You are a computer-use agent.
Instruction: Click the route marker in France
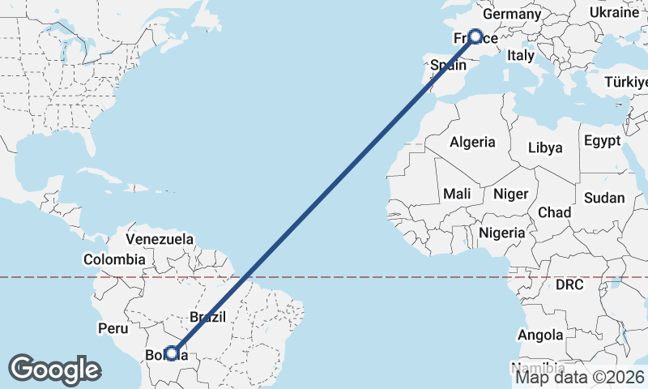(x=475, y=36)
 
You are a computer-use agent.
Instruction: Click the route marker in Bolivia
(x=171, y=353)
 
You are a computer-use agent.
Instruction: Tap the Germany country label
(x=511, y=15)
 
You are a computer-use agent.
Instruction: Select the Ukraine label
(x=613, y=13)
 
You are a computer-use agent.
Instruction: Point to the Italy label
(x=520, y=56)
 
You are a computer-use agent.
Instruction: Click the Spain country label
(x=449, y=65)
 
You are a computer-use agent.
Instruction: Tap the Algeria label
(x=472, y=142)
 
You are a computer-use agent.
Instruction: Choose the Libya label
(x=544, y=148)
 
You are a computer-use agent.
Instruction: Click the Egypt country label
(x=601, y=139)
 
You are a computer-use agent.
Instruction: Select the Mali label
(x=457, y=194)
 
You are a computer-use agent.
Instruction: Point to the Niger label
(x=510, y=194)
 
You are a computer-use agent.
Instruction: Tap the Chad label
(x=554, y=212)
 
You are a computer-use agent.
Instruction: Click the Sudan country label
(x=604, y=198)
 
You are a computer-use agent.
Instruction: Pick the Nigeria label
(x=503, y=233)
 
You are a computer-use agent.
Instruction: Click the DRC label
(x=569, y=285)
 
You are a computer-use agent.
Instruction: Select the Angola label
(x=540, y=335)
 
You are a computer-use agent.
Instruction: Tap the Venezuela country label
(x=160, y=239)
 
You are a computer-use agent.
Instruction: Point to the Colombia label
(x=114, y=260)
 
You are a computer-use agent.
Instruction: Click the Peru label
(x=113, y=328)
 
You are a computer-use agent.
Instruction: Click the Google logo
(x=54, y=370)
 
